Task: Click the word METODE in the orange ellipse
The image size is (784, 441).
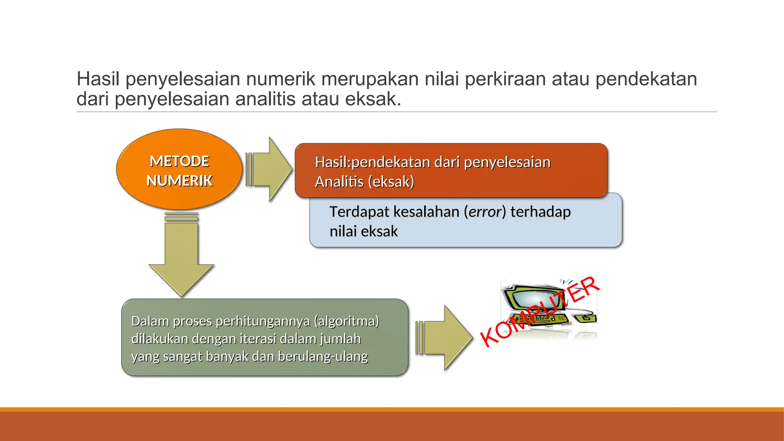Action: (179, 161)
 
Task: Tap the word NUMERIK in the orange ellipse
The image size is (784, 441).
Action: (179, 181)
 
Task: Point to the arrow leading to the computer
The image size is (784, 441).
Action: (446, 338)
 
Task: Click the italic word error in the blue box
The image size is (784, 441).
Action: (485, 212)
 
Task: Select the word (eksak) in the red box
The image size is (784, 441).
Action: (391, 182)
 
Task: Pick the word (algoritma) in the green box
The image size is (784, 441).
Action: (346, 321)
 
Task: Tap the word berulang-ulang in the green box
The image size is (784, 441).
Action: (323, 356)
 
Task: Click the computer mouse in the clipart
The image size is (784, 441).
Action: (586, 318)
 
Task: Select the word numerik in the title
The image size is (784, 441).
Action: (281, 79)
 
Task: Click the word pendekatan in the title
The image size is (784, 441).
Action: (646, 79)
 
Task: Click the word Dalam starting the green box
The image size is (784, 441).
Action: (150, 321)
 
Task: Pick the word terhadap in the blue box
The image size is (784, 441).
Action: (541, 212)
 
